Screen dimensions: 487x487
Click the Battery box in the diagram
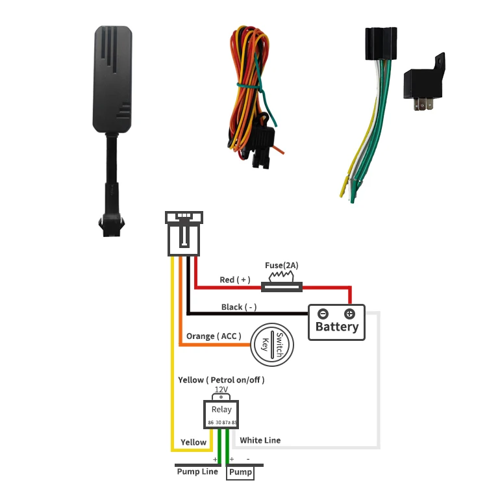coord(336,322)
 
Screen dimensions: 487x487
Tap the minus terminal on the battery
coord(323,314)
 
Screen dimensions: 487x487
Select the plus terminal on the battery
coord(349,314)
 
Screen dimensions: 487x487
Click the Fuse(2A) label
coord(282,266)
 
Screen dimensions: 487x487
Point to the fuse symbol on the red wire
coord(282,284)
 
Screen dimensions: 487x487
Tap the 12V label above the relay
coord(221,390)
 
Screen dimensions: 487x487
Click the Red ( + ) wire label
coord(234,280)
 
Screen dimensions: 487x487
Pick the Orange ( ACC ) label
coord(214,336)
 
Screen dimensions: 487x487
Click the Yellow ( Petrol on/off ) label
coord(221,379)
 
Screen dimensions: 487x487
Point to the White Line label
coord(260,440)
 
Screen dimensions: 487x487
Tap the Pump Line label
coord(197,471)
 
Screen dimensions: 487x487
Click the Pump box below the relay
coord(240,473)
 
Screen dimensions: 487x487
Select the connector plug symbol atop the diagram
coord(184,233)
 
